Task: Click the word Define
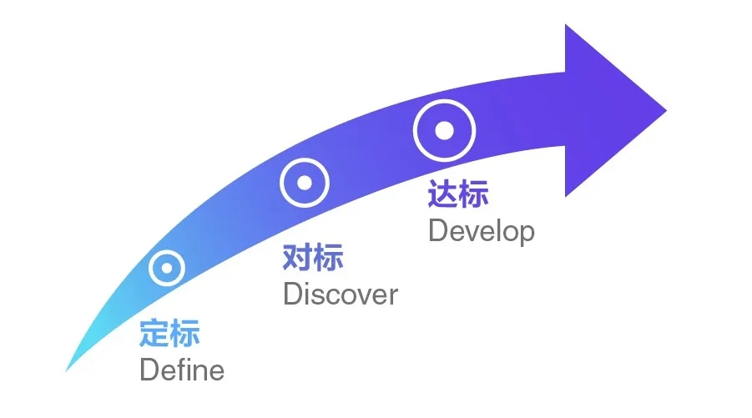[182, 369]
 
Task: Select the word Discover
[341, 295]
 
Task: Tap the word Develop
[481, 230]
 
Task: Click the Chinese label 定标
[169, 334]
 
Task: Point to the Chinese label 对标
[313, 259]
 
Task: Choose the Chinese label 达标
[457, 194]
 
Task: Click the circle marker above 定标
[167, 269]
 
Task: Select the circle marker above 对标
[305, 182]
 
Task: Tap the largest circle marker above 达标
[444, 130]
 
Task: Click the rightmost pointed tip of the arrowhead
[666, 109]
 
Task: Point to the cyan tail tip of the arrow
[68, 370]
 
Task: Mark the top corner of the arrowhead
[566, 26]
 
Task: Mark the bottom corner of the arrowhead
[566, 196]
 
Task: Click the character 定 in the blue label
[154, 334]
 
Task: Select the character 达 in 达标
[442, 194]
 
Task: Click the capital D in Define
[149, 369]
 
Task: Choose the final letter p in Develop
[526, 233]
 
